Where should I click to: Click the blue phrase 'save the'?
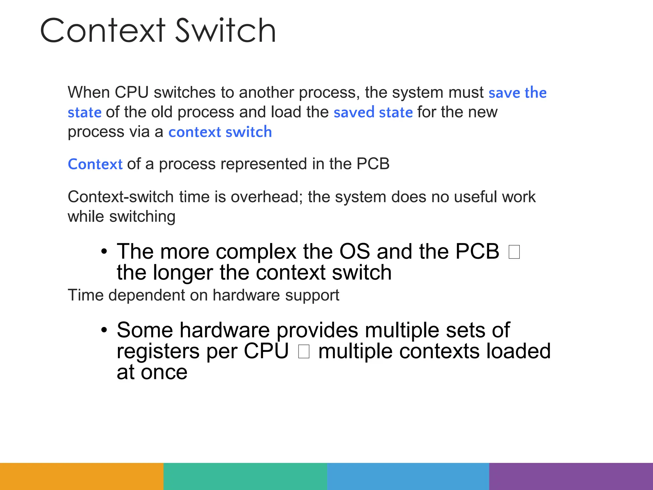point(517,93)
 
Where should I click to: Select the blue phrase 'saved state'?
point(373,112)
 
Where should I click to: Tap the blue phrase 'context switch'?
point(220,132)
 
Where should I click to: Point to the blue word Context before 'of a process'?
point(95,164)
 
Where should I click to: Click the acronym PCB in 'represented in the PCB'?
point(373,164)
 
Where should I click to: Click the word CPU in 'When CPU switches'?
point(132,93)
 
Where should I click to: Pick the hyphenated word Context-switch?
point(121,197)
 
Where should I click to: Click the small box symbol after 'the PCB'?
point(514,252)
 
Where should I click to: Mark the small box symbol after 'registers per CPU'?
point(304,352)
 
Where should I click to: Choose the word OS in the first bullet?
point(354,251)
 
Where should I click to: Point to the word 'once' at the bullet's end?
point(164,372)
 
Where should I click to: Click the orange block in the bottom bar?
point(82,476)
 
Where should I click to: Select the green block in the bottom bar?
point(245,476)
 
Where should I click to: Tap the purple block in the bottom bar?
point(571,476)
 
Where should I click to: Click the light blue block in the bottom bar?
point(408,476)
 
